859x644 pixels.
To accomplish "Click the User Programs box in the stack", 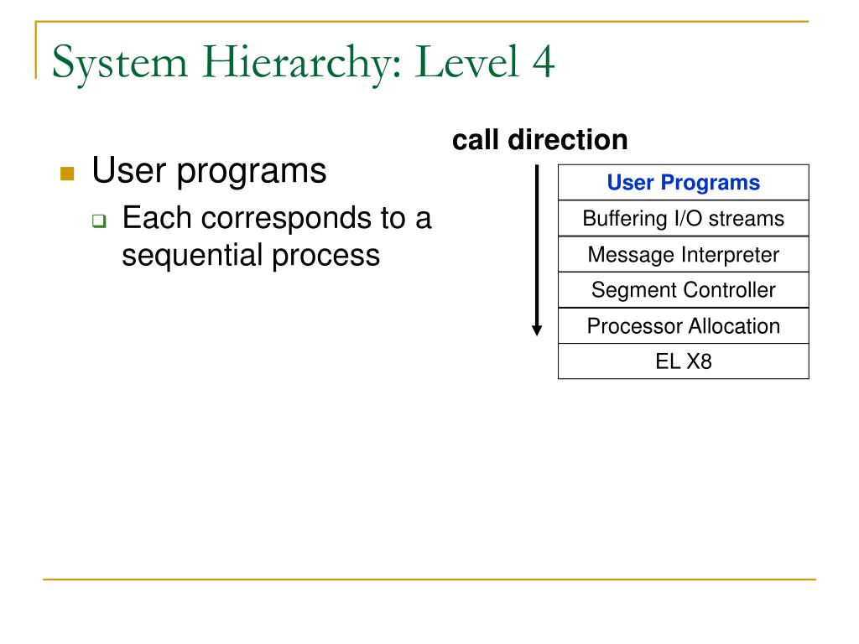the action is click(x=683, y=183).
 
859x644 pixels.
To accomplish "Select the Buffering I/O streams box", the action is click(x=683, y=219).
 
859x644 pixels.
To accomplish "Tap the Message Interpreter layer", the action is click(x=683, y=255).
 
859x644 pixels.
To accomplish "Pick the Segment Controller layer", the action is click(x=683, y=291).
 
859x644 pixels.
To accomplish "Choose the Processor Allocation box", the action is click(x=683, y=326).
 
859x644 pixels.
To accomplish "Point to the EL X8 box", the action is click(x=683, y=362).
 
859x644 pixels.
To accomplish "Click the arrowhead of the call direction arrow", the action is click(x=538, y=329).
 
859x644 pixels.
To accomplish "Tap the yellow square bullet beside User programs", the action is click(x=68, y=174).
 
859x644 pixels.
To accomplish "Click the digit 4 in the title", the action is click(x=541, y=64).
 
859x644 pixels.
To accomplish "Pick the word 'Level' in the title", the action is click(x=461, y=64).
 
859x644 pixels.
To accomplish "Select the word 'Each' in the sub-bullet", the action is click(x=156, y=219).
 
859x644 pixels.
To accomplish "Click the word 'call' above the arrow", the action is click(x=476, y=140).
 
